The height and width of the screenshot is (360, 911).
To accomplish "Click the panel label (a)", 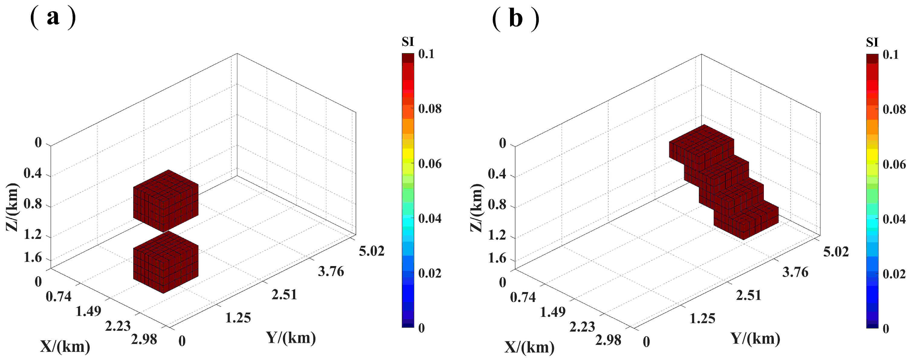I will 53,18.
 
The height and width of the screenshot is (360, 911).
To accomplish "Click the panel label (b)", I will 515,18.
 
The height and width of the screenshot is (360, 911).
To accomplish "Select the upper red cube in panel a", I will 166,201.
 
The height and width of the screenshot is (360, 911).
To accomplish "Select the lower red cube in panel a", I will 166,262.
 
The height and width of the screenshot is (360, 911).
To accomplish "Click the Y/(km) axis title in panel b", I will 755,339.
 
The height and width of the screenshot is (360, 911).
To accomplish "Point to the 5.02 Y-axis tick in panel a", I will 371,251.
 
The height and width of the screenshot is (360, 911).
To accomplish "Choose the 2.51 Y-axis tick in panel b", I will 748,295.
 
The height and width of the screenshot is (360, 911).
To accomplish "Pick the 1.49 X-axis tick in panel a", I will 89,311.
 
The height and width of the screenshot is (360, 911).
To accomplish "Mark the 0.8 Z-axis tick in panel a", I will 33,204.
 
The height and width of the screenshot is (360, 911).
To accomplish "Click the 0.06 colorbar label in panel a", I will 430,164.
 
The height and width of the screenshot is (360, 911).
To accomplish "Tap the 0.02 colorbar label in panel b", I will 894,274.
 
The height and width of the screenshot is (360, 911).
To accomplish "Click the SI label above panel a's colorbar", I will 407,42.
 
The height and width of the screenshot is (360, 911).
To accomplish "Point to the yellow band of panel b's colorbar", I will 872,155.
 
